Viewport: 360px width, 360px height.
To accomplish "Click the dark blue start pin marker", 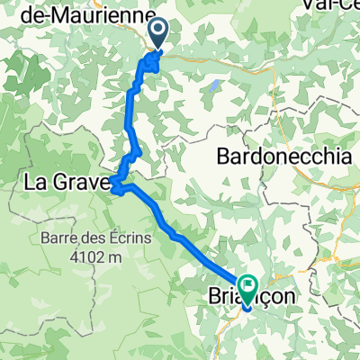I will [157, 34].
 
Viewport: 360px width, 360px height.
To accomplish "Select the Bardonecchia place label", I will [283, 157].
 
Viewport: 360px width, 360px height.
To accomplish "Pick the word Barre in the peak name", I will [56, 240].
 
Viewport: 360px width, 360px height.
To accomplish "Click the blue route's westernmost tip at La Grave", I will [111, 186].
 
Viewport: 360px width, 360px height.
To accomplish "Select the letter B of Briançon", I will [215, 298].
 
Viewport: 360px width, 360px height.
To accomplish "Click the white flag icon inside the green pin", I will [247, 280].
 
